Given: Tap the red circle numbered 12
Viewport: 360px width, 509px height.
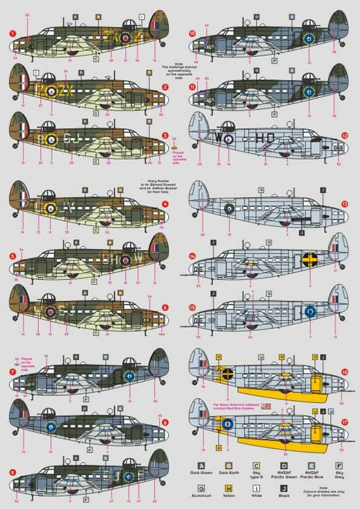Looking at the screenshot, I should click(x=346, y=137).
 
